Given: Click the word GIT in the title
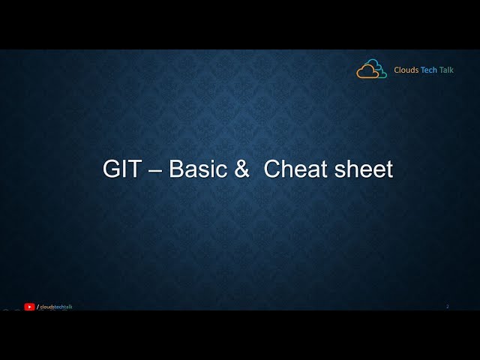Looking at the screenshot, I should pyautogui.click(x=121, y=169).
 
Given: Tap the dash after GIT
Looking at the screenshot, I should pyautogui.click(x=154, y=170).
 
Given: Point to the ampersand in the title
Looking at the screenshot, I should pyautogui.click(x=241, y=169).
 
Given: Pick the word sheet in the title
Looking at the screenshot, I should pyautogui.click(x=364, y=169).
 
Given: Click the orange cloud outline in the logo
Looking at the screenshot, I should pyautogui.click(x=367, y=72).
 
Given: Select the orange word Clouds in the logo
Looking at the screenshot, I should pyautogui.click(x=407, y=70).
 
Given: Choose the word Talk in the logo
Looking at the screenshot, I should pyautogui.click(x=447, y=70).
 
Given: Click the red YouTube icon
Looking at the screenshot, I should pyautogui.click(x=29, y=307).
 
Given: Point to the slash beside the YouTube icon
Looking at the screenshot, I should pyautogui.click(x=37, y=307).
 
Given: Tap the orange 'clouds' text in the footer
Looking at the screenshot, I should pyautogui.click(x=46, y=307).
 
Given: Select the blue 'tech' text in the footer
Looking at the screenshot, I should pyautogui.click(x=58, y=307).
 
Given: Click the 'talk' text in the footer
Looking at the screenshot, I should pyautogui.click(x=68, y=307).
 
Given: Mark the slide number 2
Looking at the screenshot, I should pyautogui.click(x=448, y=306).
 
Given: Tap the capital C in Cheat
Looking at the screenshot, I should pyautogui.click(x=272, y=169).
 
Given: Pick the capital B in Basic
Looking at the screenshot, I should pyautogui.click(x=177, y=169).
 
